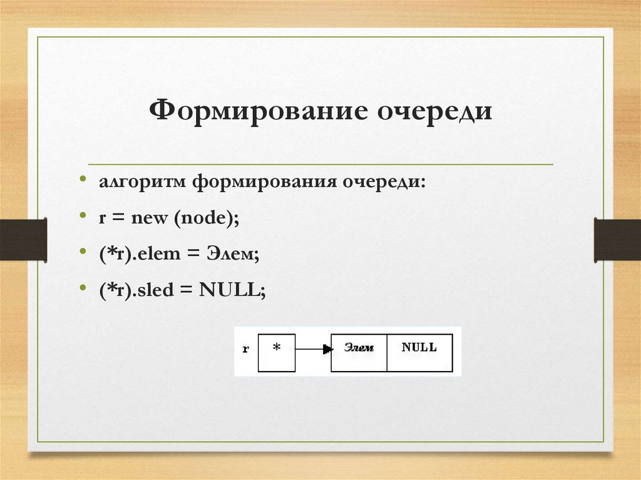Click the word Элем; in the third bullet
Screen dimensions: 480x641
(235, 255)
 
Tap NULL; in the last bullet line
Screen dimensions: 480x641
(233, 290)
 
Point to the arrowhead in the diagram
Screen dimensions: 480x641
(326, 350)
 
